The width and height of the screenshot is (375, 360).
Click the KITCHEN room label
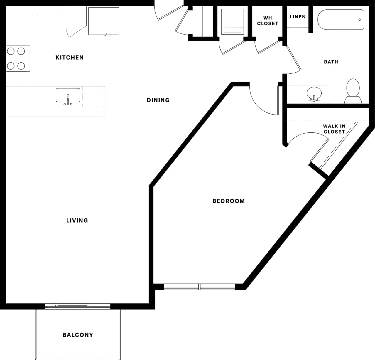[70, 58]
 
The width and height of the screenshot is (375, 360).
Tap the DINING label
[158, 100]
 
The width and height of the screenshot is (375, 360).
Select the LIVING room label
[77, 221]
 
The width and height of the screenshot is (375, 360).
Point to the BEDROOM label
[229, 201]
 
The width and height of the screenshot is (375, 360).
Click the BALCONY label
[78, 335]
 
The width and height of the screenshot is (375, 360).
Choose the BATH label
[331, 62]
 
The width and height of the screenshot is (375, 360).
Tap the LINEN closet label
[298, 17]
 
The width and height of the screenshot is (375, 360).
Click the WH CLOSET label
[267, 21]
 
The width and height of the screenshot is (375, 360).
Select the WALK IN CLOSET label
[334, 129]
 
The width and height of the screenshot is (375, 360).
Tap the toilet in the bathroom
[353, 91]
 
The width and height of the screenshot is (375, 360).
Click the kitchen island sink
[68, 95]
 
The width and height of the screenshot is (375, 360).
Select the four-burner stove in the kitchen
[16, 58]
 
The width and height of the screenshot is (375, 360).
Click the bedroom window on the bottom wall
[200, 287]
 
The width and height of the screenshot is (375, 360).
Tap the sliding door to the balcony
[77, 306]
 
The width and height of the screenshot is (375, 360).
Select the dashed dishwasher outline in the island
[93, 97]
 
